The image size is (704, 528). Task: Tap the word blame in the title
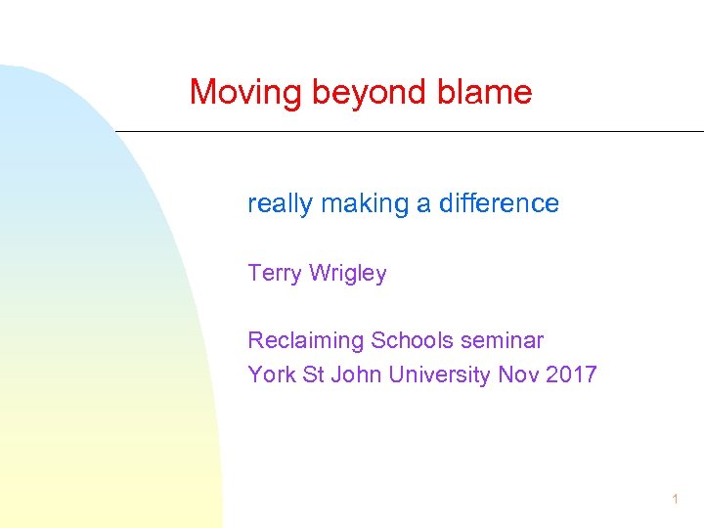[487, 93]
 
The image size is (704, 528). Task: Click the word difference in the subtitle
[500, 203]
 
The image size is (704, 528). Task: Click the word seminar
[502, 340]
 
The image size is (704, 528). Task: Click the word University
[440, 374]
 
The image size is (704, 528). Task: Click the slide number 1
[676, 500]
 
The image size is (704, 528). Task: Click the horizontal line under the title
[411, 131]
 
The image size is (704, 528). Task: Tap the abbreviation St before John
[312, 374]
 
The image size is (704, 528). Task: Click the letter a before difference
[423, 203]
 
